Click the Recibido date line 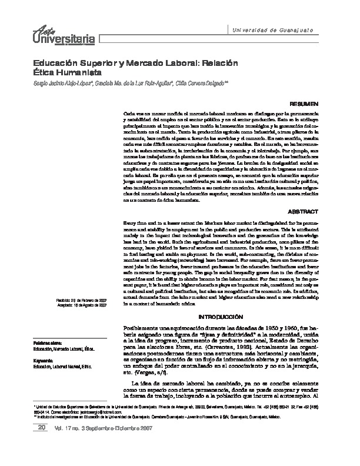click(81, 301)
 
